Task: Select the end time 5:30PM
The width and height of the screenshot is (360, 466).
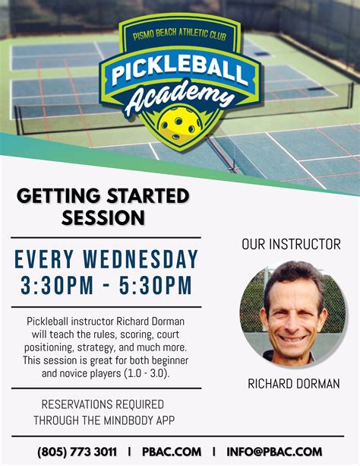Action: [x=154, y=287]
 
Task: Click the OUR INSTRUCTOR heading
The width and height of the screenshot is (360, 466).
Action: [x=291, y=245]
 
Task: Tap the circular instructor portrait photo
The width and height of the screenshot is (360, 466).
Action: [x=292, y=312]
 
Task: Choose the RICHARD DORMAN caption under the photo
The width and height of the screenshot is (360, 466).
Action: [x=293, y=384]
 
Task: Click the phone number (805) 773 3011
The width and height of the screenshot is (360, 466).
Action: [x=77, y=452]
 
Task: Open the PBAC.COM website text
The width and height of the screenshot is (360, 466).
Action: [x=171, y=452]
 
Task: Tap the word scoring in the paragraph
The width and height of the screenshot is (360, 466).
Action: [x=138, y=334]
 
